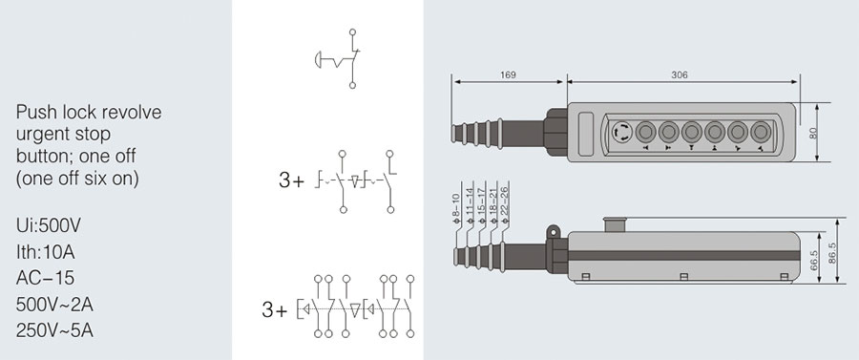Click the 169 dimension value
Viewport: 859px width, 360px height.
pos(508,75)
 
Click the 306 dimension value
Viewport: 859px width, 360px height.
pos(680,75)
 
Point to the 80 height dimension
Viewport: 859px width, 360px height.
pos(813,133)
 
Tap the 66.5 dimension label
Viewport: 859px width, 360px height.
pos(813,260)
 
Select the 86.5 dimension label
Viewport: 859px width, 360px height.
pos(832,253)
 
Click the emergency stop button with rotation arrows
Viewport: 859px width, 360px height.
pos(621,132)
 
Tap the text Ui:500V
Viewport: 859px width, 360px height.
pos(49,225)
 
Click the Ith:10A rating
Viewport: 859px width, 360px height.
pos(46,252)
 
